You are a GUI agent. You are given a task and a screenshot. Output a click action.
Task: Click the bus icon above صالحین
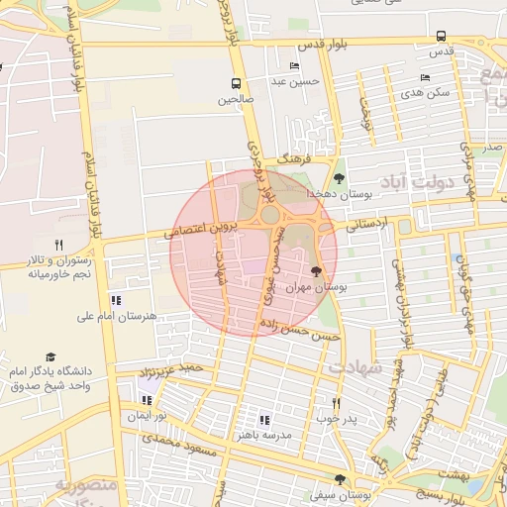click(x=236, y=84)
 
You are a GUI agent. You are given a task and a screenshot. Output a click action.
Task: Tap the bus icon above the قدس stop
click(x=441, y=36)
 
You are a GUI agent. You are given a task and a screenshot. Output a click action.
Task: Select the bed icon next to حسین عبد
click(x=293, y=66)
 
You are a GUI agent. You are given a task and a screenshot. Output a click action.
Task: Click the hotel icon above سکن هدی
click(x=425, y=77)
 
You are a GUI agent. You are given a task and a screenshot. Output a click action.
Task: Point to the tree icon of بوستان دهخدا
click(x=340, y=178)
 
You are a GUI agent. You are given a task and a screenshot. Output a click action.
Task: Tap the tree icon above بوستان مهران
click(x=316, y=270)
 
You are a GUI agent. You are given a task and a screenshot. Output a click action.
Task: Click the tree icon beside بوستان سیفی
click(x=340, y=479)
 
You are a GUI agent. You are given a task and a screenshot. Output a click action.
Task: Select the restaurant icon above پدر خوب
click(x=336, y=403)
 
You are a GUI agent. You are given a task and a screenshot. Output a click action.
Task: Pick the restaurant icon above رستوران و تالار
click(x=58, y=245)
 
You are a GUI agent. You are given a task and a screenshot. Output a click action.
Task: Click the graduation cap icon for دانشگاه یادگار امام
click(x=50, y=356)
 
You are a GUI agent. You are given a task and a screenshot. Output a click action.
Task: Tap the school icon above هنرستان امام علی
click(x=116, y=300)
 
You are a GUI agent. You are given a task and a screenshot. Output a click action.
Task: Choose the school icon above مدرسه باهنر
click(x=263, y=420)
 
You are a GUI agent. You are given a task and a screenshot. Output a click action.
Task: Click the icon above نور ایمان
click(x=148, y=400)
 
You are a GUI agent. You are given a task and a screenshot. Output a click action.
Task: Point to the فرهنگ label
click(x=295, y=158)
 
